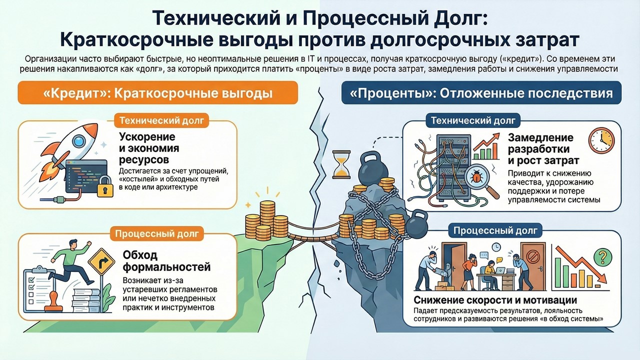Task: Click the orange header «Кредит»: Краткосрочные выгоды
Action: (158, 93)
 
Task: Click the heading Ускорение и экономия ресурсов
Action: (149, 148)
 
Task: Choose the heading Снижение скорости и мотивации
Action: (495, 300)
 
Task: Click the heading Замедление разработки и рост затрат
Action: (543, 149)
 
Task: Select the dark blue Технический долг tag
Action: (472, 120)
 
